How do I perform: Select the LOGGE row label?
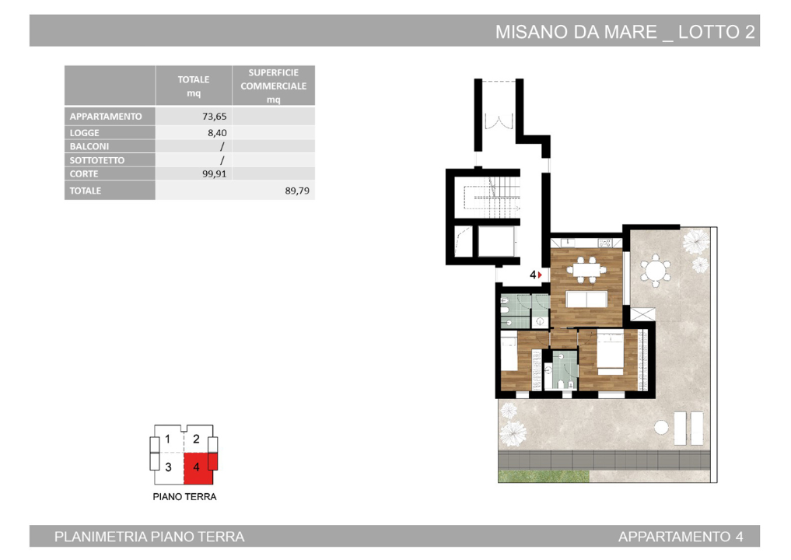click(85, 133)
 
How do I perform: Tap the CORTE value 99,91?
click(214, 174)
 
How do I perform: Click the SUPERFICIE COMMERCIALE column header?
click(273, 86)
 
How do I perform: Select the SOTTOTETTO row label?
click(97, 160)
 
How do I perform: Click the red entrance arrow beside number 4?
click(541, 275)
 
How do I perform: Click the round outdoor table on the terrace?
click(655, 271)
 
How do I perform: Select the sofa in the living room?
click(586, 300)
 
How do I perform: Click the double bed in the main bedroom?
click(609, 354)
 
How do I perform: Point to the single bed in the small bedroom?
click(509, 352)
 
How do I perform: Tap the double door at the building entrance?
click(495, 123)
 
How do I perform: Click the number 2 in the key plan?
click(196, 439)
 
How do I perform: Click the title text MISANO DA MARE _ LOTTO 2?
click(625, 32)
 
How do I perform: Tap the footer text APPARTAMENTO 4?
click(680, 537)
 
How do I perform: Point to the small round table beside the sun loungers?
click(661, 426)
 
